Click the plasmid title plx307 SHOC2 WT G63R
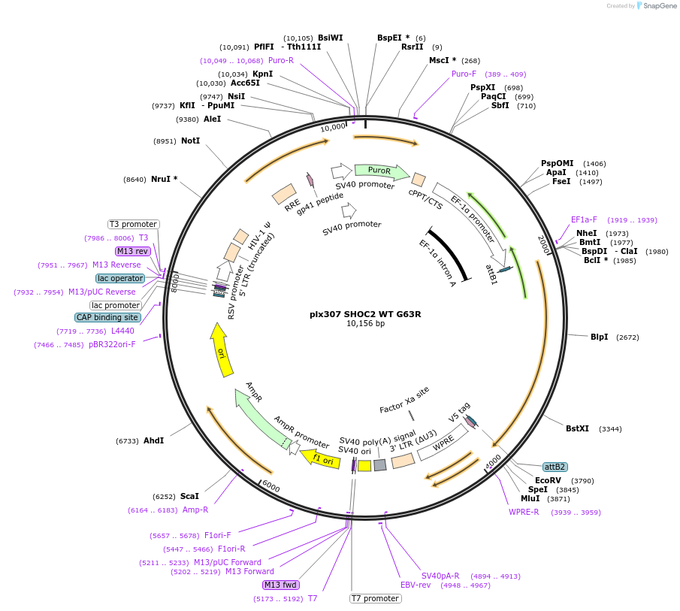coord(365,313)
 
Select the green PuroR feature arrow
coord(382,171)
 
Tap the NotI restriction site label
coord(190,141)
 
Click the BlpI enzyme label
coord(600,337)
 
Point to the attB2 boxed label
coord(555,467)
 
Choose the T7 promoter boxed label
coord(375,598)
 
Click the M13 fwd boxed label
coord(280,585)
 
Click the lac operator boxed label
coord(120,278)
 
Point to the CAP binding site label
coord(107,317)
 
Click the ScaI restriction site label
coord(189,496)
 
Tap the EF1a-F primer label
coord(584,219)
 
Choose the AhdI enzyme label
coord(153,440)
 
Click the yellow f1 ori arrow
coord(321,458)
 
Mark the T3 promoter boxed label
coord(133,224)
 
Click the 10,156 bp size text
coord(365,324)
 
